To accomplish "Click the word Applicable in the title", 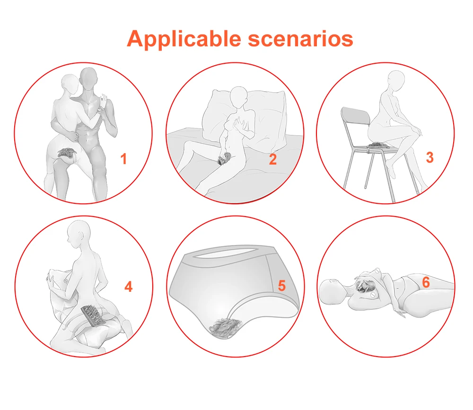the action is click(x=184, y=39).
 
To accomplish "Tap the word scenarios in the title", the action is click(x=300, y=39).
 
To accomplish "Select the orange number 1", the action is click(x=123, y=159).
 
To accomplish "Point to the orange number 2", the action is click(x=273, y=159).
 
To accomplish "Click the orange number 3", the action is click(x=430, y=157).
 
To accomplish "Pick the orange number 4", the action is click(x=129, y=287).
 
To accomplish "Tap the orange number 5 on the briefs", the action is click(x=282, y=286).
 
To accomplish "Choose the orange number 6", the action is click(x=426, y=282).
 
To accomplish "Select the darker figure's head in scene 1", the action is click(x=88, y=79).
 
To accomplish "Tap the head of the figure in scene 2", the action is click(x=239, y=97).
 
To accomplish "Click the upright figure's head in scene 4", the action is click(x=79, y=234).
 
